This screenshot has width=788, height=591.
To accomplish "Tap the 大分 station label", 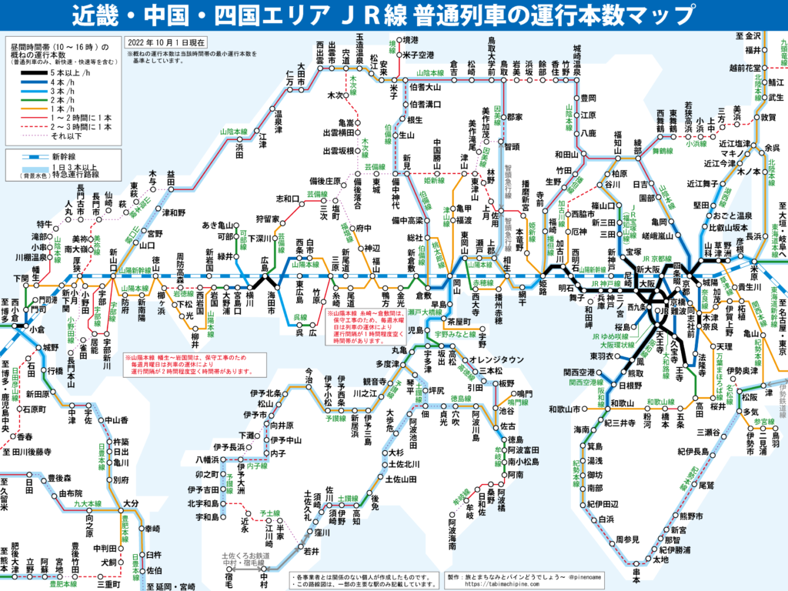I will tap(130, 504).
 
